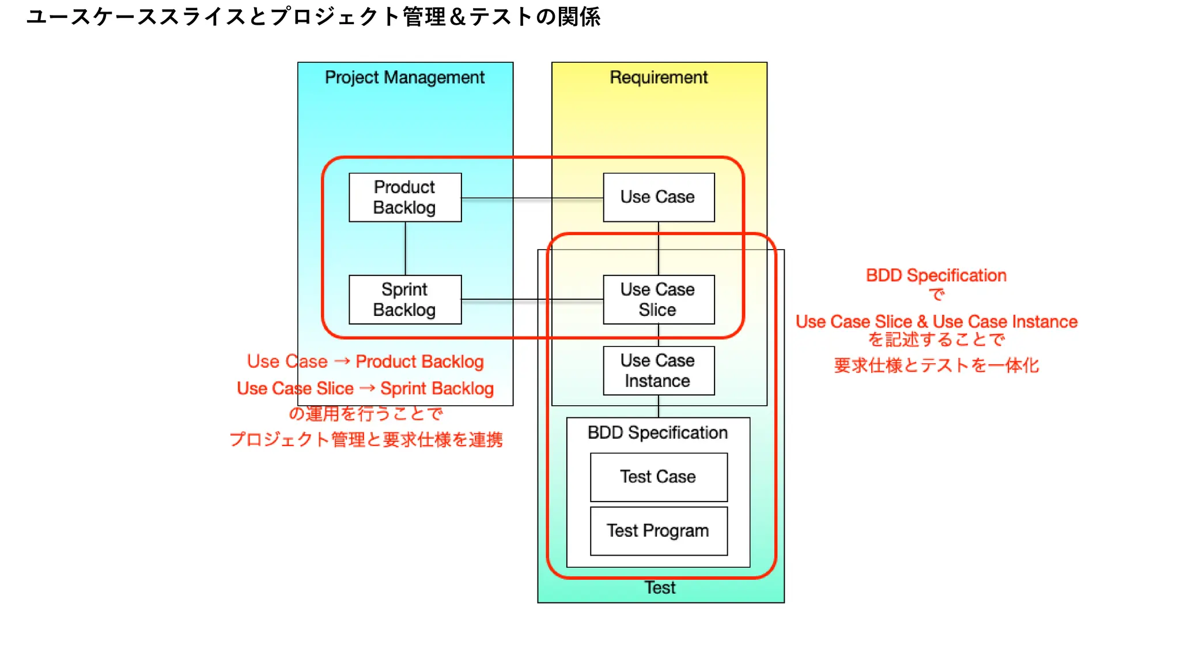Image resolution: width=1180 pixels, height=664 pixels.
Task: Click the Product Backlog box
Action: (x=405, y=197)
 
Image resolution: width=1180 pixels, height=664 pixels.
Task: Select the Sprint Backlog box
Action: (x=405, y=299)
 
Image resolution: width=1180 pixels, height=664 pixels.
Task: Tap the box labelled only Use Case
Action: (x=659, y=197)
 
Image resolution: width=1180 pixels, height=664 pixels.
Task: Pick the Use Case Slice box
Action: (x=659, y=299)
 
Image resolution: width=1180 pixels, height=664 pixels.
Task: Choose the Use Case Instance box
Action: (x=659, y=371)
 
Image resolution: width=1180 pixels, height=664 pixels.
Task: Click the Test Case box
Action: (x=659, y=477)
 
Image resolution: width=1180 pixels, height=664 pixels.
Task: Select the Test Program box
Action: (x=659, y=531)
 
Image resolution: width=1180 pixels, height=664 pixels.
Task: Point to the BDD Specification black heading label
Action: (x=657, y=433)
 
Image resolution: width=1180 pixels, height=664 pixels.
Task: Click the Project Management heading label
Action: (x=404, y=77)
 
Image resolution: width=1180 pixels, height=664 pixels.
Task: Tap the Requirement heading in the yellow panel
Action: (x=659, y=77)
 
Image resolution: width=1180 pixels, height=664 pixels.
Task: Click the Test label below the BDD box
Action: (x=660, y=587)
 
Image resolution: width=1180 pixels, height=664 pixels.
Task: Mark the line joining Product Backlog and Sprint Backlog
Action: (x=406, y=248)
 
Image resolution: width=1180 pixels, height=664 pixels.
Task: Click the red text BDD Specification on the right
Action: (x=936, y=276)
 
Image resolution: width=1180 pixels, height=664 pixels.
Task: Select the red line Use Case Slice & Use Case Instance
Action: (x=936, y=322)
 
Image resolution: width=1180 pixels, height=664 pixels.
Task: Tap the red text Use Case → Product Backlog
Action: (x=365, y=361)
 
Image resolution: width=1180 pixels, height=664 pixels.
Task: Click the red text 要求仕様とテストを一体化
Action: (x=936, y=365)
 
